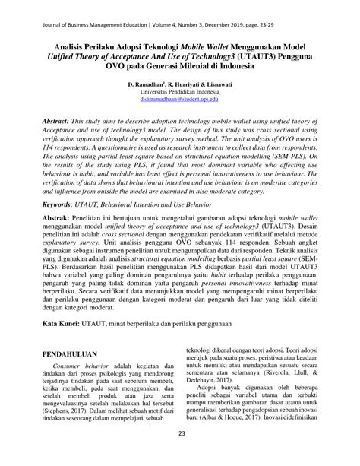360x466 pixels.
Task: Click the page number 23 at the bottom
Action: [182, 455]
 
